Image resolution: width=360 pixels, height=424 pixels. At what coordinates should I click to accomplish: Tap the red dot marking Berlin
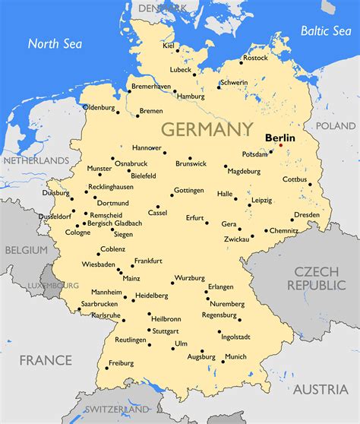(280, 145)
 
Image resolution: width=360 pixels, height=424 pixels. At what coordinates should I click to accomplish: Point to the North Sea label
(55, 43)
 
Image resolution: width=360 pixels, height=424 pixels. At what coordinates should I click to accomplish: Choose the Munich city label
(235, 356)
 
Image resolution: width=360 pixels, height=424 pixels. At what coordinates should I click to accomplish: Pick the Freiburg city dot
(106, 369)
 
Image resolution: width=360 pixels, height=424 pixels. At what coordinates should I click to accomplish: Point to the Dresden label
(306, 215)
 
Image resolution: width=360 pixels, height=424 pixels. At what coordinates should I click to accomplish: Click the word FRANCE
(46, 359)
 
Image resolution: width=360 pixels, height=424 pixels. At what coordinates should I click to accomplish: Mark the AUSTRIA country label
(321, 389)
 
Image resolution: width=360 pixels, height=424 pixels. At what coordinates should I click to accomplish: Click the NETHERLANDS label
(37, 161)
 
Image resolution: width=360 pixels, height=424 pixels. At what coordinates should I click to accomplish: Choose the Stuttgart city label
(165, 331)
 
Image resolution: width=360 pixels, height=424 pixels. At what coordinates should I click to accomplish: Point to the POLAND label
(335, 125)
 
